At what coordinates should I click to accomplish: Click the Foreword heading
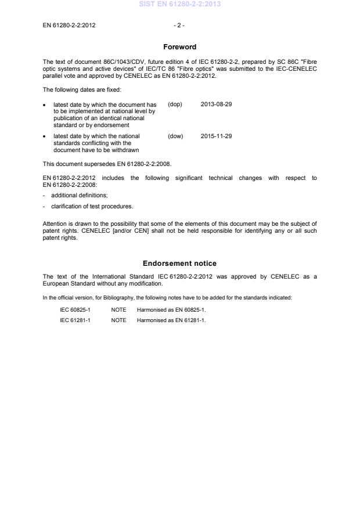tap(179, 46)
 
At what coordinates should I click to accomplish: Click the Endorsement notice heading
tap(179, 263)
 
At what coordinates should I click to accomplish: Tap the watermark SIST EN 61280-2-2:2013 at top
tap(179, 5)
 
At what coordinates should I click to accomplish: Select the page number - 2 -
tap(179, 26)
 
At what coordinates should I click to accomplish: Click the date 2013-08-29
tap(216, 104)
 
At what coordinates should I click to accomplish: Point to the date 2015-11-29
tap(216, 136)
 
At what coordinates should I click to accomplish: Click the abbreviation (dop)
tap(175, 104)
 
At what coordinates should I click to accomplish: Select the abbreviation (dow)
tap(175, 136)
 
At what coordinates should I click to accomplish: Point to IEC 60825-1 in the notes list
tap(75, 310)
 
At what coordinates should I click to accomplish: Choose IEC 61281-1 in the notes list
tap(75, 320)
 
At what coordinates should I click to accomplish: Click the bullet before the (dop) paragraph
tap(45, 105)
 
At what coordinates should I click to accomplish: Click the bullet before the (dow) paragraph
tap(45, 137)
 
